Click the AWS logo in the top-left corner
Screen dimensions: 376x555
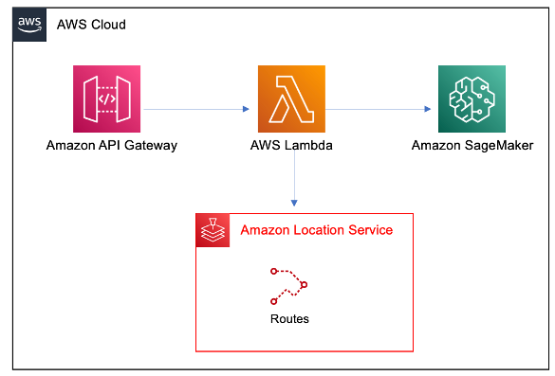pyautogui.click(x=29, y=24)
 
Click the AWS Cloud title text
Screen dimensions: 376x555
pyautogui.click(x=91, y=24)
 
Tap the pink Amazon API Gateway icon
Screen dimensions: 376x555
pyautogui.click(x=106, y=98)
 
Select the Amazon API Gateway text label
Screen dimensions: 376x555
pyautogui.click(x=112, y=146)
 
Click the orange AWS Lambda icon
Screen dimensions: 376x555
pyautogui.click(x=291, y=98)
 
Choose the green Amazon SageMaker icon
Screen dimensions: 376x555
pyautogui.click(x=471, y=98)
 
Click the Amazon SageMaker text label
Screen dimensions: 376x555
pyautogui.click(x=472, y=146)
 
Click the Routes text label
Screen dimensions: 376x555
pyautogui.click(x=289, y=319)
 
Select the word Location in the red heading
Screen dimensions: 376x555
pyautogui.click(x=323, y=230)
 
